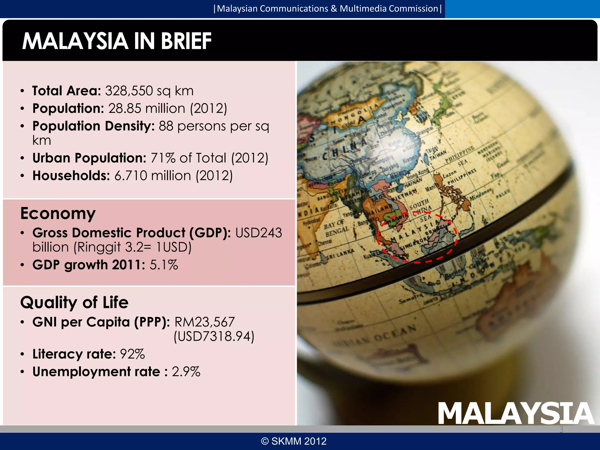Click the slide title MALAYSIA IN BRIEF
[117, 41]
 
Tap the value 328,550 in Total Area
[129, 91]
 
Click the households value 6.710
[131, 176]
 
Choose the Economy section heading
[58, 213]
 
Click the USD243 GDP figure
[258, 233]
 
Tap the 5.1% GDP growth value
[164, 265]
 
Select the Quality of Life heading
[74, 302]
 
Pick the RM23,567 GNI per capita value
[204, 322]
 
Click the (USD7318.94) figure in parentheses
[214, 336]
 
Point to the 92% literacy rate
[132, 354]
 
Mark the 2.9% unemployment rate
[186, 371]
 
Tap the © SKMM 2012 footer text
[294, 441]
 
